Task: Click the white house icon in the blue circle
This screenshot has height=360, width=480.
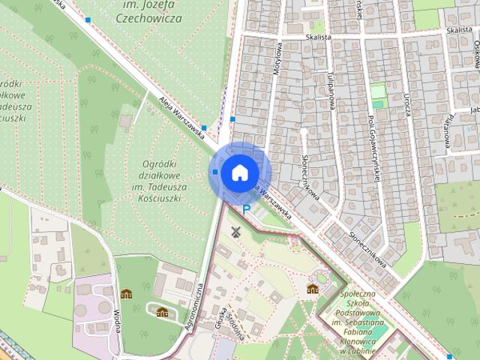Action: tap(238, 172)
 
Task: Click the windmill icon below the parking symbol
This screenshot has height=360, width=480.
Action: tap(236, 232)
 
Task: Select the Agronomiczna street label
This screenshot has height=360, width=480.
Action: tap(193, 306)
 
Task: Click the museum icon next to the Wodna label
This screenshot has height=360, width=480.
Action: tap(126, 295)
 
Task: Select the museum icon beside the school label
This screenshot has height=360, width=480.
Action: tap(313, 289)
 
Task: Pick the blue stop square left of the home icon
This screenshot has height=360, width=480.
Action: tap(215, 172)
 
